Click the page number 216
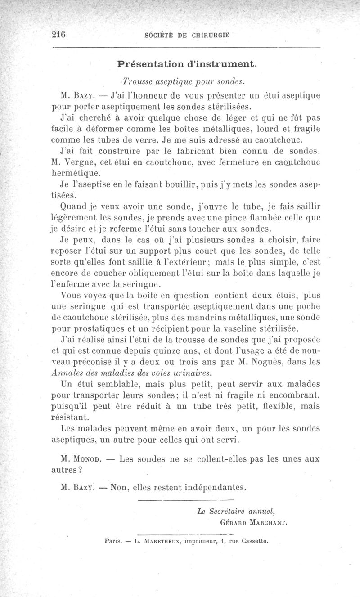59,36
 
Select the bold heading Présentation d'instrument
187,64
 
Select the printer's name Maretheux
158,542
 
